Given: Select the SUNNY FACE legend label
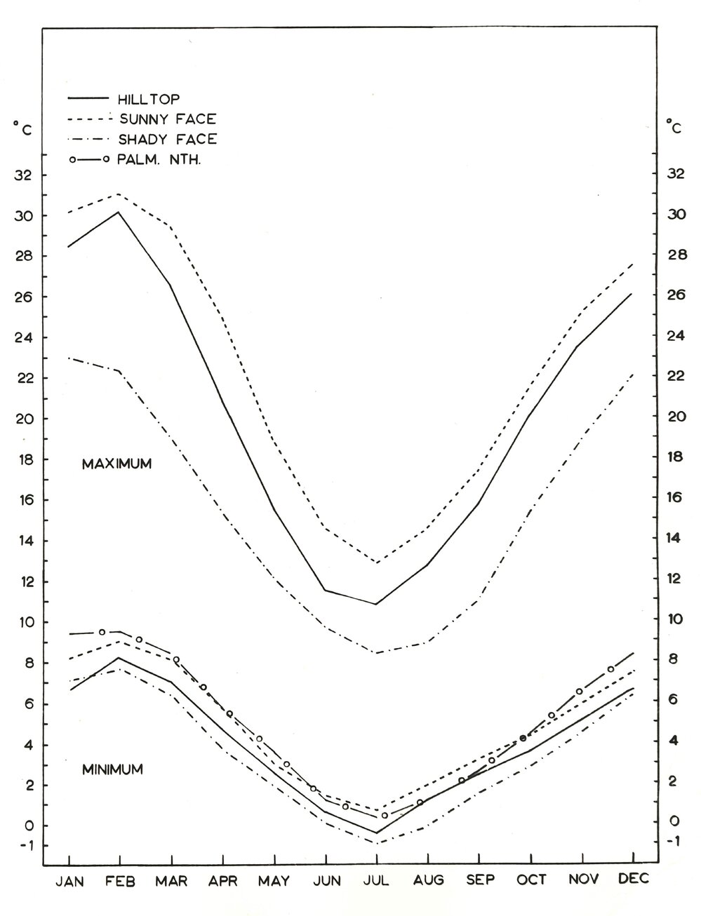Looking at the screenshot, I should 167,119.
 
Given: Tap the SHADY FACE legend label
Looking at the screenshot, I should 168,139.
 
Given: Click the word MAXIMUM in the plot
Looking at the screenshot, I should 116,464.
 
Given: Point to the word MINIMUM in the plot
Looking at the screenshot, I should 112,769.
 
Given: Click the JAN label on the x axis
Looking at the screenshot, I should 69,880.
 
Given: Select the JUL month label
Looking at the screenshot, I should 377,880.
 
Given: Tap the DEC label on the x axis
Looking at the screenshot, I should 634,880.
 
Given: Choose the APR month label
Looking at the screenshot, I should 223,880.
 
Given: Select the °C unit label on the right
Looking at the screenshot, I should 674,128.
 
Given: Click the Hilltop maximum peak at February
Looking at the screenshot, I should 119,212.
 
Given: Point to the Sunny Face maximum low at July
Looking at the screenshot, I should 377,563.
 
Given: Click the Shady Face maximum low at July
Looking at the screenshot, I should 377,653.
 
